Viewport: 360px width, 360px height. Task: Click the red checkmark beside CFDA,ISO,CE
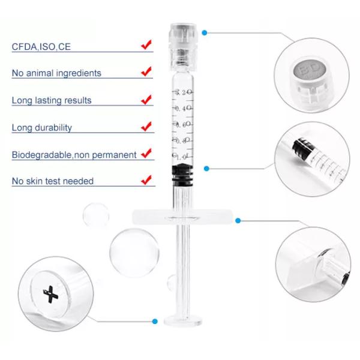coord(146,44)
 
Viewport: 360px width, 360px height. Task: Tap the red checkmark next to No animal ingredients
coord(146,71)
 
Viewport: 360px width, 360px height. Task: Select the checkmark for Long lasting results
coord(146,100)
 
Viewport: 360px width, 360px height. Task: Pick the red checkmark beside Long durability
coord(146,126)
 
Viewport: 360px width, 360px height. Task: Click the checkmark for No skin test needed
coord(146,180)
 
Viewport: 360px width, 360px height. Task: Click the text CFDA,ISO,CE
coord(41,47)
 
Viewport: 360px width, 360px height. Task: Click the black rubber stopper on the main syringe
coord(183,174)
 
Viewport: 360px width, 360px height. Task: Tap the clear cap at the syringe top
coord(183,47)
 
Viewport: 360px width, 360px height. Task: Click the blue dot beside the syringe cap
coord(205,33)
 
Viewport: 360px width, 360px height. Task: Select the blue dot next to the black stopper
coord(206,169)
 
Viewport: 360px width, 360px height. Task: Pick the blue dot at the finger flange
coord(238,221)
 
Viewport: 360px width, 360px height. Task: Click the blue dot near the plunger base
coord(155,321)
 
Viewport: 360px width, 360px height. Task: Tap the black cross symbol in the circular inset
coord(51,295)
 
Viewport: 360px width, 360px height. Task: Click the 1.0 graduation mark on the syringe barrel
coord(183,157)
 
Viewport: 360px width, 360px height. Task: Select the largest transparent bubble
coord(134,253)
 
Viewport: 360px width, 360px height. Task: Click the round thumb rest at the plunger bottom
coord(183,321)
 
